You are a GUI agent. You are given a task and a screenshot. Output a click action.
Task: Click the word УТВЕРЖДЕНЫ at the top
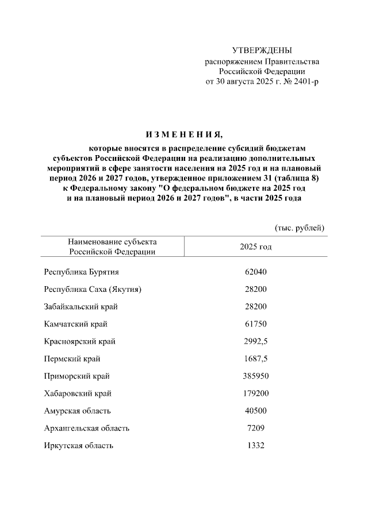pyautogui.click(x=262, y=51)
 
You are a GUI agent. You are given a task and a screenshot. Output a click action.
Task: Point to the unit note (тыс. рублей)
pyautogui.click(x=300, y=228)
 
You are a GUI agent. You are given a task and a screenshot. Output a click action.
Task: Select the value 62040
pyautogui.click(x=255, y=272)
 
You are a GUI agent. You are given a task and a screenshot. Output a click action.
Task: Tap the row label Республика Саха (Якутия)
pyautogui.click(x=93, y=289)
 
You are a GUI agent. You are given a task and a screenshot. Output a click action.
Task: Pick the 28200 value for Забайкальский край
pyautogui.click(x=255, y=307)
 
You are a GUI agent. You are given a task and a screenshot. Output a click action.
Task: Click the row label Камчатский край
pyautogui.click(x=76, y=324)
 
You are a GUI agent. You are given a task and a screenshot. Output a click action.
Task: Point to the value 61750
pyautogui.click(x=255, y=324)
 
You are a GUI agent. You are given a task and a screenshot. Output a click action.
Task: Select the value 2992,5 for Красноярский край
pyautogui.click(x=255, y=341)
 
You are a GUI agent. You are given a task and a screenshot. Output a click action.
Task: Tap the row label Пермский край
pyautogui.click(x=72, y=359)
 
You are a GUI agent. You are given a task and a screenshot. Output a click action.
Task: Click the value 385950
pyautogui.click(x=255, y=376)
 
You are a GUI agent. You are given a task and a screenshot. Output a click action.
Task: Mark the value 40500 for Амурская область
pyautogui.click(x=255, y=411)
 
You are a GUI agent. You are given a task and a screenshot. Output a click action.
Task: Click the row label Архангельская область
pyautogui.click(x=87, y=428)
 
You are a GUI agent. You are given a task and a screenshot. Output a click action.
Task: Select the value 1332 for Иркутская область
pyautogui.click(x=255, y=445)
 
